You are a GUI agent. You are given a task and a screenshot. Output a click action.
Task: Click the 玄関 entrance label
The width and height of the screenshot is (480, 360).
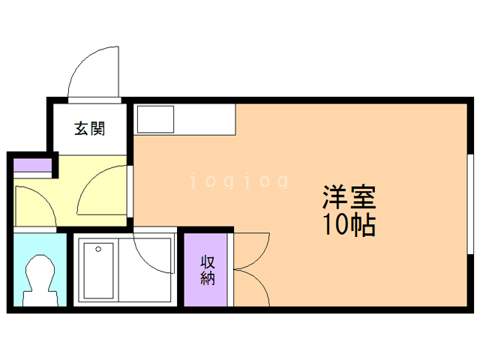coord(89,129)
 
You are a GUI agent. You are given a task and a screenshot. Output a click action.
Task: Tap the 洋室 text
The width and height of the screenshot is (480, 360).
coord(349,199)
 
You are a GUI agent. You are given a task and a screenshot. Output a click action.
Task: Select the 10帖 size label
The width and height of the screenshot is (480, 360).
coord(349,224)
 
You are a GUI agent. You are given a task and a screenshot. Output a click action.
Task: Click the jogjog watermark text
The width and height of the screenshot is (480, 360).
coord(238,181)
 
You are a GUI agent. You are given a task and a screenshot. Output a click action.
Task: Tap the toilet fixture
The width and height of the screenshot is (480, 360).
coord(39,277)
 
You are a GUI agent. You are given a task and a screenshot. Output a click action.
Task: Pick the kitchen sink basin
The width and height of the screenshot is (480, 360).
coord(155,118)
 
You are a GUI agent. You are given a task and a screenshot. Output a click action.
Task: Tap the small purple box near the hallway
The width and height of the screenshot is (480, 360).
coord(32,164)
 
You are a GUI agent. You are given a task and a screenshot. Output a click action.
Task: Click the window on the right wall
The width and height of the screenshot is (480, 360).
coord(470,202)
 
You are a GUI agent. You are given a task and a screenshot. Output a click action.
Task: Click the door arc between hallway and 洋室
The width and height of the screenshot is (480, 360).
coord(101,191)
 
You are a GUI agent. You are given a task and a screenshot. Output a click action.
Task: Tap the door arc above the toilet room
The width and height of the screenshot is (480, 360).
coord(34,202)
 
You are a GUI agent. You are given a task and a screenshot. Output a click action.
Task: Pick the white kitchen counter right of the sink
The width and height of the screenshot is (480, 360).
coord(206,118)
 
